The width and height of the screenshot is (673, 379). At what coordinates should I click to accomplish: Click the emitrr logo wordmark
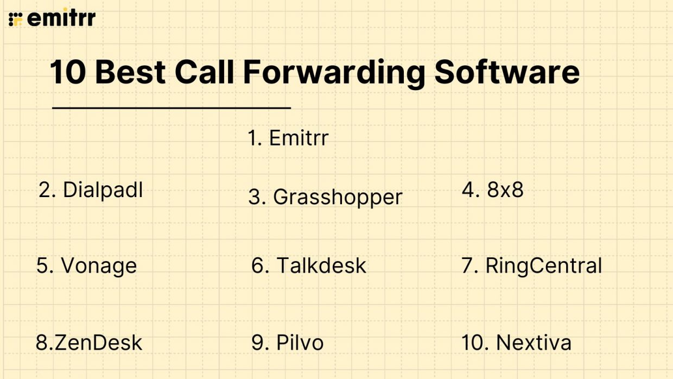61,18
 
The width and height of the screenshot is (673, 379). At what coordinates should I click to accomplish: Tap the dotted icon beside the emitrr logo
16,19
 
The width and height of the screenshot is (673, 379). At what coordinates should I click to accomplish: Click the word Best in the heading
132,72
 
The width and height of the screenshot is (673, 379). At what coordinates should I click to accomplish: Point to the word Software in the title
507,72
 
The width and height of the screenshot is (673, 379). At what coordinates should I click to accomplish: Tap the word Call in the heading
206,72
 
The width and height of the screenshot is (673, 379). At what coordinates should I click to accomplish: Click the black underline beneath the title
172,108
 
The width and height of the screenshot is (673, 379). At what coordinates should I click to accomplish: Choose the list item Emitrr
299,138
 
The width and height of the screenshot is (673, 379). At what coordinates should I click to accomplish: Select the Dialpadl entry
103,190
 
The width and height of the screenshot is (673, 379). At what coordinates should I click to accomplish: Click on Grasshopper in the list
337,197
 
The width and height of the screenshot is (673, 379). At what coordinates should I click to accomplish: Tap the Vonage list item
98,266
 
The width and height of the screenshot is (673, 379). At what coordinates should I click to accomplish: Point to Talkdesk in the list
321,266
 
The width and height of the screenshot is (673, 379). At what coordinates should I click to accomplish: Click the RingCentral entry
543,266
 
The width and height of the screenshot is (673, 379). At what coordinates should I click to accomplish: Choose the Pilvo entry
300,343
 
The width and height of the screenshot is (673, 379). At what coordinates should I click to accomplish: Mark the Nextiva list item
533,343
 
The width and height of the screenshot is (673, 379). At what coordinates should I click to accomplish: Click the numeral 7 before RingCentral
468,266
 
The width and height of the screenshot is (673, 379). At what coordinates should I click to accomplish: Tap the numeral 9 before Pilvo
258,343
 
